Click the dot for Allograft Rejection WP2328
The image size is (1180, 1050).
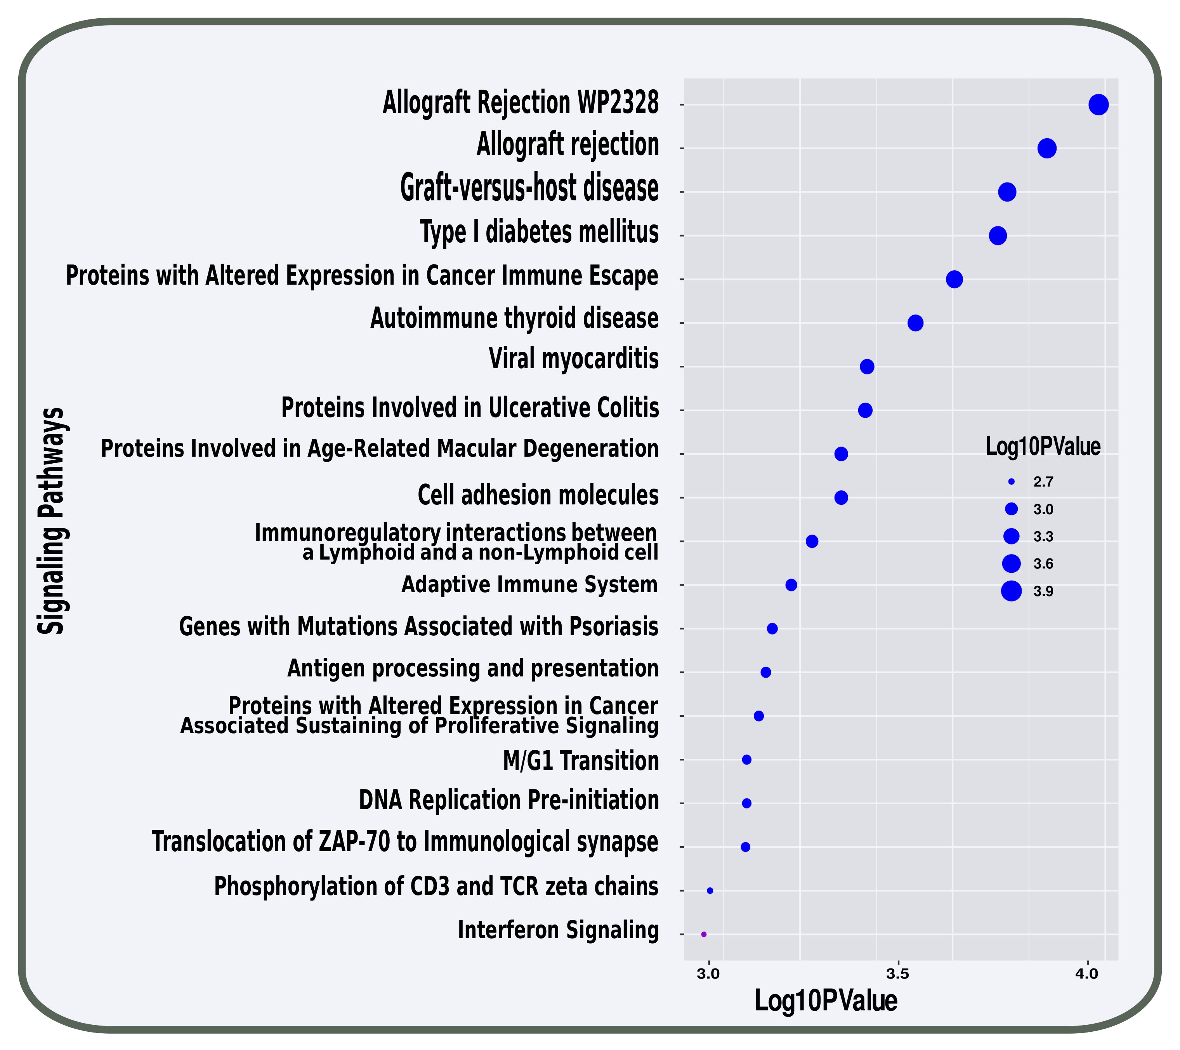pyautogui.click(x=1098, y=105)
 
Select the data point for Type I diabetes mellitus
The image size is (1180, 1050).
pyautogui.click(x=998, y=236)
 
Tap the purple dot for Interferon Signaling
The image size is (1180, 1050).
pyautogui.click(x=703, y=934)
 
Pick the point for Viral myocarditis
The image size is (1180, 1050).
pyautogui.click(x=866, y=367)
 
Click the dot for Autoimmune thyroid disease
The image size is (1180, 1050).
pyautogui.click(x=915, y=323)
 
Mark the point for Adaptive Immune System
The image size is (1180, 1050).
pyautogui.click(x=791, y=585)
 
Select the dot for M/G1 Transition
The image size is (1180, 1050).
pyautogui.click(x=746, y=760)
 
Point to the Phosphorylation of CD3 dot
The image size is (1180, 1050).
pyautogui.click(x=710, y=890)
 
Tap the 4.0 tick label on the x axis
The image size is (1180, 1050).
pyautogui.click(x=1086, y=974)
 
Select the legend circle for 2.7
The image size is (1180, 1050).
pyautogui.click(x=1011, y=482)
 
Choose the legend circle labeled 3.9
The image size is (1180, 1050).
pyautogui.click(x=1011, y=591)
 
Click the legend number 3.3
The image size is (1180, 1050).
pyautogui.click(x=1043, y=537)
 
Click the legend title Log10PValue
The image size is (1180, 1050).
pyautogui.click(x=1043, y=447)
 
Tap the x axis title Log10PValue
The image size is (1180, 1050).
pyautogui.click(x=826, y=1001)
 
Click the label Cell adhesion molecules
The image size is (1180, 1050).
pyautogui.click(x=538, y=495)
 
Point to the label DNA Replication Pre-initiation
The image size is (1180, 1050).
pyautogui.click(x=508, y=800)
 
